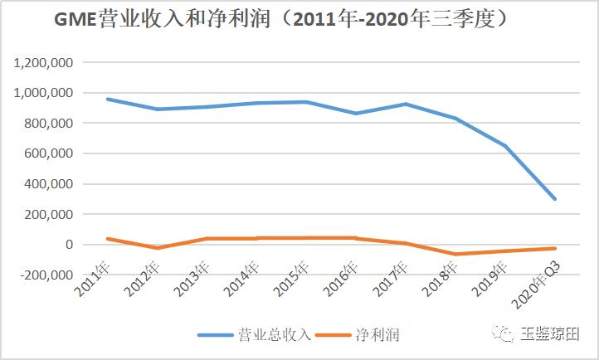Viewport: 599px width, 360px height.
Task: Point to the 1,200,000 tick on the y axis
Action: coord(44,62)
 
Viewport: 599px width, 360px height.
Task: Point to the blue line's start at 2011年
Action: coord(108,99)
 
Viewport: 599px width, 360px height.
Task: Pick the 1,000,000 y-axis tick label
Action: coord(44,93)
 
